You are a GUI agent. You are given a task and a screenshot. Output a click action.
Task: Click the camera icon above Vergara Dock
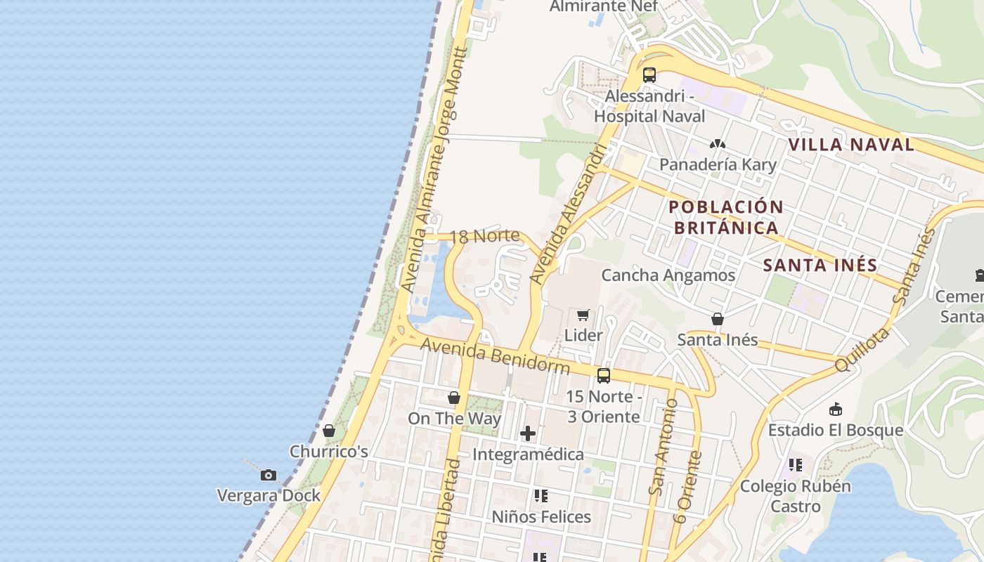click(x=268, y=476)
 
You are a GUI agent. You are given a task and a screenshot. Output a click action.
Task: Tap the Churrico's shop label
click(x=329, y=451)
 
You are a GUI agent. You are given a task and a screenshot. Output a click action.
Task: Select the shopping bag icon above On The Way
click(x=454, y=398)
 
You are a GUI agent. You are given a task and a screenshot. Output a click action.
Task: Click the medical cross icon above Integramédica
click(x=528, y=433)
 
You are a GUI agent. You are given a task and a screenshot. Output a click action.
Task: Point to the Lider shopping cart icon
click(x=583, y=315)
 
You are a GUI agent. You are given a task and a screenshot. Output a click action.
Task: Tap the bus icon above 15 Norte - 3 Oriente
click(x=603, y=376)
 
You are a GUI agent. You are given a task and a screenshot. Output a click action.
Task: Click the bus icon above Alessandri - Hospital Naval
click(x=649, y=75)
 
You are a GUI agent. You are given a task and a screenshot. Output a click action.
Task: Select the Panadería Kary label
click(x=718, y=164)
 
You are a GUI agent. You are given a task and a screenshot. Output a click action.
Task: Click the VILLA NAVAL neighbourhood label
click(x=850, y=145)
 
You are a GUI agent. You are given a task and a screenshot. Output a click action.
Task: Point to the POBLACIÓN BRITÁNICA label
click(x=726, y=217)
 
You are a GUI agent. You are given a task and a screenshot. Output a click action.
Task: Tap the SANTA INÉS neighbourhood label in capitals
click(x=820, y=266)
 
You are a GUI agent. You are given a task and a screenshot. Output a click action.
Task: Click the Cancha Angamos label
click(x=668, y=275)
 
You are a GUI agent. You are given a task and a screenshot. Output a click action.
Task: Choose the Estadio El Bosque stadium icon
click(x=836, y=409)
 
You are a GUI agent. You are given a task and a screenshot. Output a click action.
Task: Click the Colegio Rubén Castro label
click(x=796, y=496)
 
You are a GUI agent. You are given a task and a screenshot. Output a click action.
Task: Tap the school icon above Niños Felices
click(x=540, y=496)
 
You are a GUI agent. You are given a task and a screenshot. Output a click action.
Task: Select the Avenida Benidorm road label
click(x=496, y=355)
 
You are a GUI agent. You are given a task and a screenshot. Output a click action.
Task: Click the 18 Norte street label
click(x=485, y=236)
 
